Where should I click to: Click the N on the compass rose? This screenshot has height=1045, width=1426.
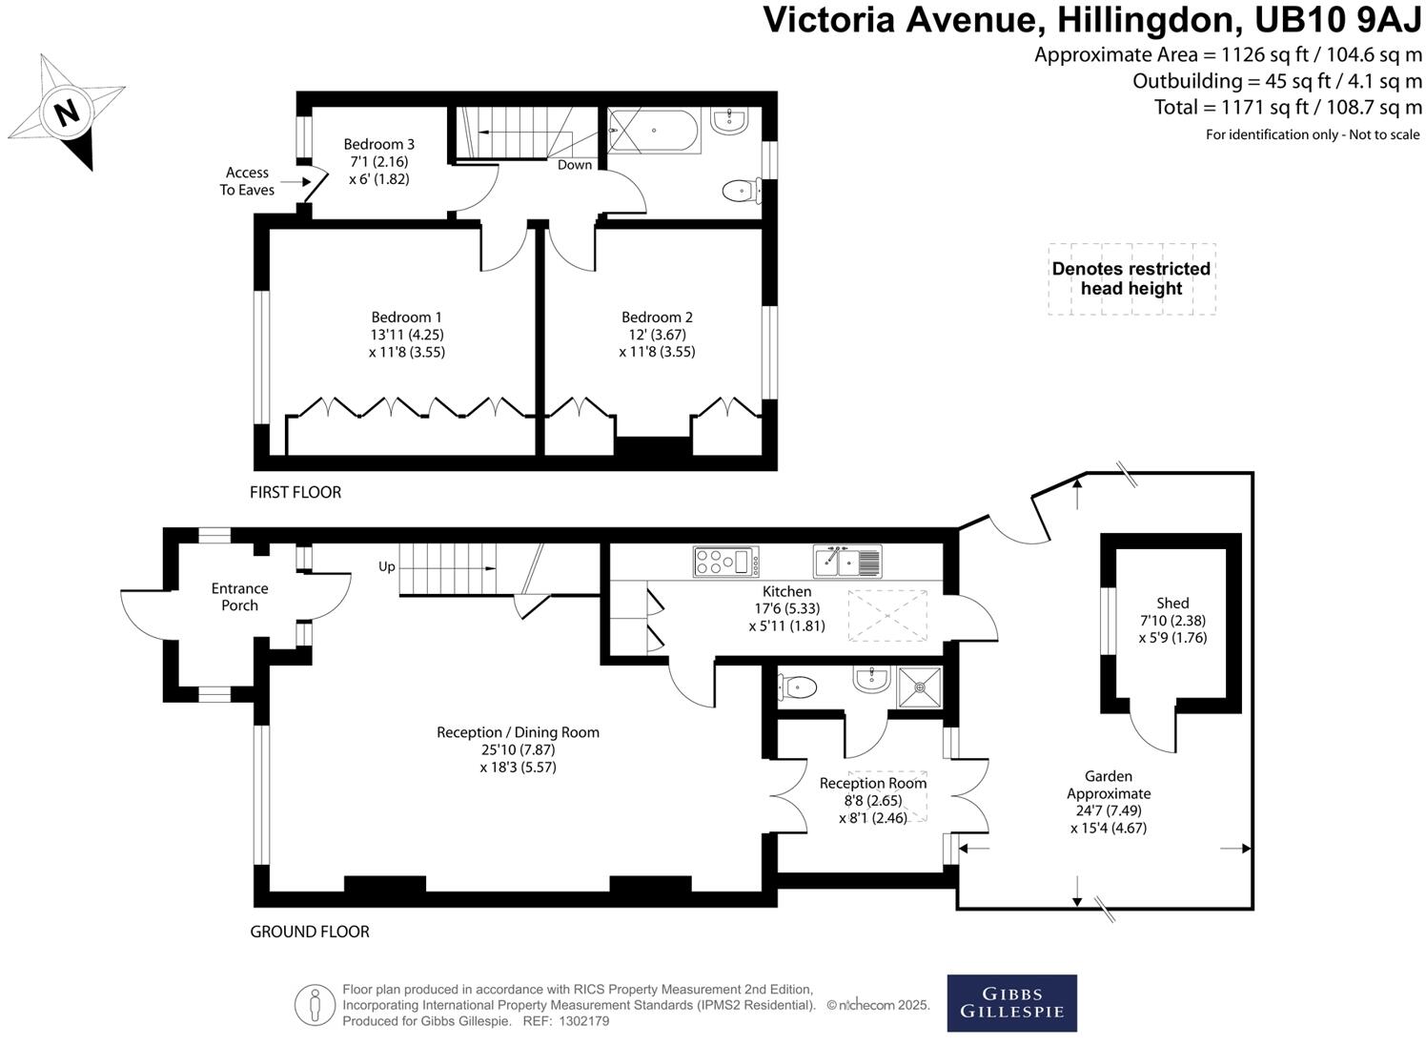point(68,113)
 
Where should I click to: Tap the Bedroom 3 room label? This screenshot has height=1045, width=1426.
point(378,144)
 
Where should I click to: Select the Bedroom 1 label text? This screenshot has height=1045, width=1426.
point(407,318)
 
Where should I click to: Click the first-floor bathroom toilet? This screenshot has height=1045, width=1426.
point(741,191)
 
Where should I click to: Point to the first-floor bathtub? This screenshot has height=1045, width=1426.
point(655,131)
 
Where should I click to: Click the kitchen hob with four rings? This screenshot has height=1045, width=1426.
point(725,562)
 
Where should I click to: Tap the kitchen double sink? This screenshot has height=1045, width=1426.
point(847,562)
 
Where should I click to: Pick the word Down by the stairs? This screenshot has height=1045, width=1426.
point(575,165)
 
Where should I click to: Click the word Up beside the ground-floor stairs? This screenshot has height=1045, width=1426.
point(386,566)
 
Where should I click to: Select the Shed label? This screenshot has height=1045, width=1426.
point(1172,603)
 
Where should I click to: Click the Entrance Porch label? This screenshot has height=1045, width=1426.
point(239,597)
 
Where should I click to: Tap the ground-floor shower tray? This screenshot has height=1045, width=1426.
point(919,687)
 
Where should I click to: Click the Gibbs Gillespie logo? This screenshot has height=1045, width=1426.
point(1011,1003)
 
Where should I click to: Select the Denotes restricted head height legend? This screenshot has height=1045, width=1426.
point(1131,279)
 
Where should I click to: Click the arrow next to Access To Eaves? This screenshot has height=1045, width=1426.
point(295,181)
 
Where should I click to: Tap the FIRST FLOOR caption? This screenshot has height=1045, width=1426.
point(295,492)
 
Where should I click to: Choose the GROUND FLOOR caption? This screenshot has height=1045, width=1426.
point(310,932)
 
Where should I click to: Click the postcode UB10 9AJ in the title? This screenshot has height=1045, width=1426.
point(1337,20)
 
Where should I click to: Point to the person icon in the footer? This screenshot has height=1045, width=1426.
point(314,1006)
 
